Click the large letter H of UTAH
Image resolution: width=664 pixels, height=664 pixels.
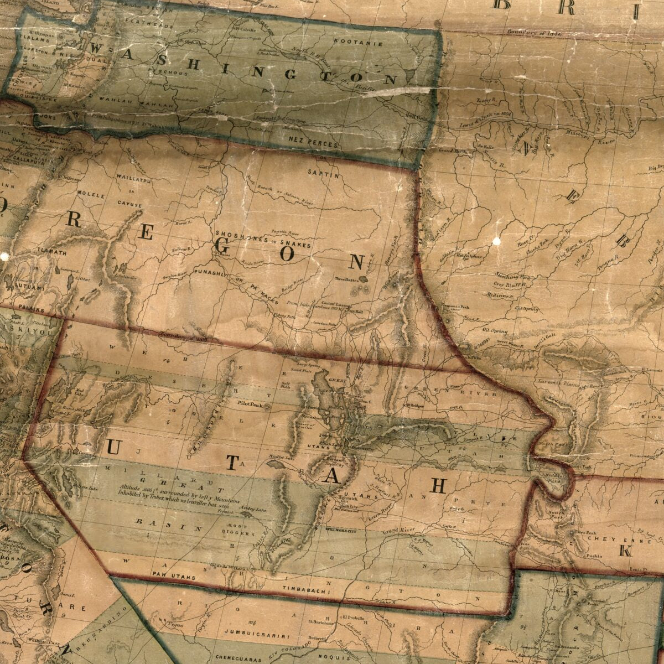[438, 486]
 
